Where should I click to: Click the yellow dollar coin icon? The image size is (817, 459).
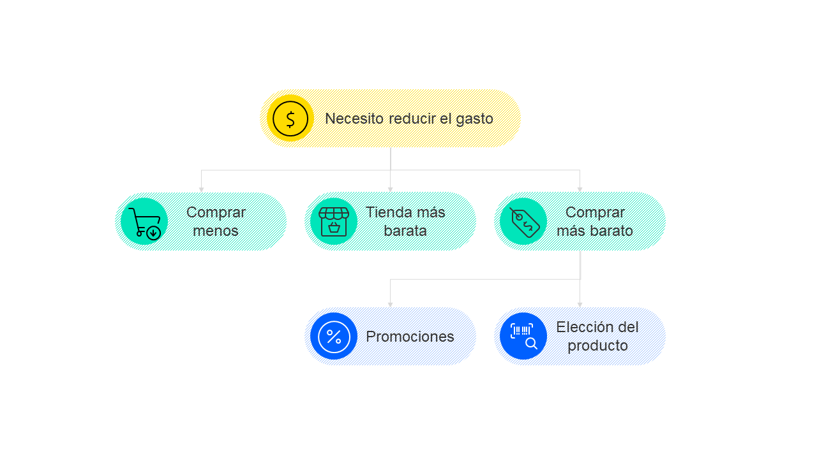tap(290, 119)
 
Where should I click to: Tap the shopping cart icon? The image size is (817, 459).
tap(144, 222)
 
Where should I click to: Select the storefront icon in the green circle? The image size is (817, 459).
tap(334, 221)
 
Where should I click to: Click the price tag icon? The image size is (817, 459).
tap(524, 222)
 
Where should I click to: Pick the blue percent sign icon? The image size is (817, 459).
tap(334, 336)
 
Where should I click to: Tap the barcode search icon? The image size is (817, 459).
tap(523, 336)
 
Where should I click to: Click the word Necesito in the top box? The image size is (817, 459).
tap(354, 119)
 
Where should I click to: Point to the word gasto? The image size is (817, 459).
tap(474, 119)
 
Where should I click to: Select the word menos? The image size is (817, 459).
tap(216, 231)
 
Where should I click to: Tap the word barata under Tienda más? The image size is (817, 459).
tap(405, 231)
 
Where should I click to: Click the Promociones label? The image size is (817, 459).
tap(410, 337)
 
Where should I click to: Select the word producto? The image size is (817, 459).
tap(597, 346)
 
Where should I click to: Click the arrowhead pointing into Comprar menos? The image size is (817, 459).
tap(201, 189)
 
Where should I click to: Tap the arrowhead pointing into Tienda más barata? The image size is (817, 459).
tap(391, 189)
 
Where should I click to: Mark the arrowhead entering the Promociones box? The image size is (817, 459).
tap(391, 305)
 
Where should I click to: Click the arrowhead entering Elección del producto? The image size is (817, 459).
tap(580, 305)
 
